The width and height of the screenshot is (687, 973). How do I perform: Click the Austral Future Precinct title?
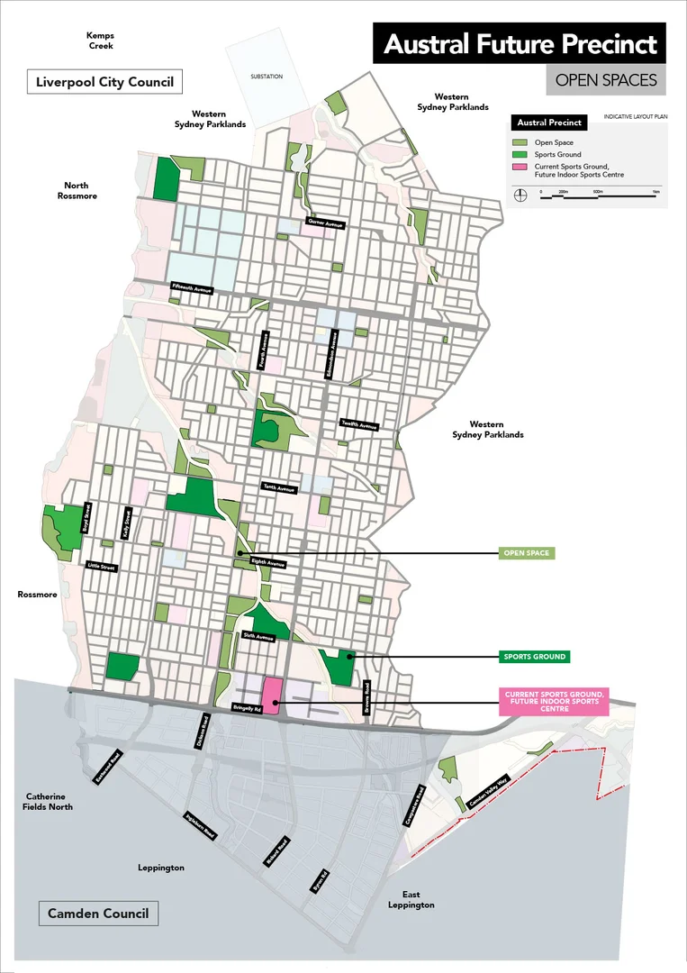pyautogui.click(x=520, y=44)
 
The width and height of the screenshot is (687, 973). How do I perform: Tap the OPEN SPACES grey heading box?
pyautogui.click(x=606, y=80)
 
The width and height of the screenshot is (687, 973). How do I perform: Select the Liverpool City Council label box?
pyautogui.click(x=104, y=82)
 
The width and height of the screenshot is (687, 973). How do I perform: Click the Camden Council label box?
pyautogui.click(x=98, y=914)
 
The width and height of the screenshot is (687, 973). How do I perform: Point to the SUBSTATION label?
pyautogui.click(x=266, y=77)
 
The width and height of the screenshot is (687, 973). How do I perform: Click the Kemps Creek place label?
pyautogui.click(x=100, y=40)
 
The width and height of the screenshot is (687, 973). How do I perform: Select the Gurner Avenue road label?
pyautogui.click(x=325, y=223)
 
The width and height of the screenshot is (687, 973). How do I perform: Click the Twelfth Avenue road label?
pyautogui.click(x=358, y=424)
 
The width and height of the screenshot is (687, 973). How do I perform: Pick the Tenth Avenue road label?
pyautogui.click(x=279, y=488)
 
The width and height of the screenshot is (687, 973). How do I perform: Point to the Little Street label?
pyautogui.click(x=102, y=567)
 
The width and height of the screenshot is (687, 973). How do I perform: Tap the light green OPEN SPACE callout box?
pyautogui.click(x=527, y=553)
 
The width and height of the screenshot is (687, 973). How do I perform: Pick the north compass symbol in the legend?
pyautogui.click(x=520, y=193)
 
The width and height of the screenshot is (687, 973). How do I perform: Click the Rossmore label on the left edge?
pyautogui.click(x=37, y=595)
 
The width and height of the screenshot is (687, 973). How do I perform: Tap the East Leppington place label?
pyautogui.click(x=411, y=899)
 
